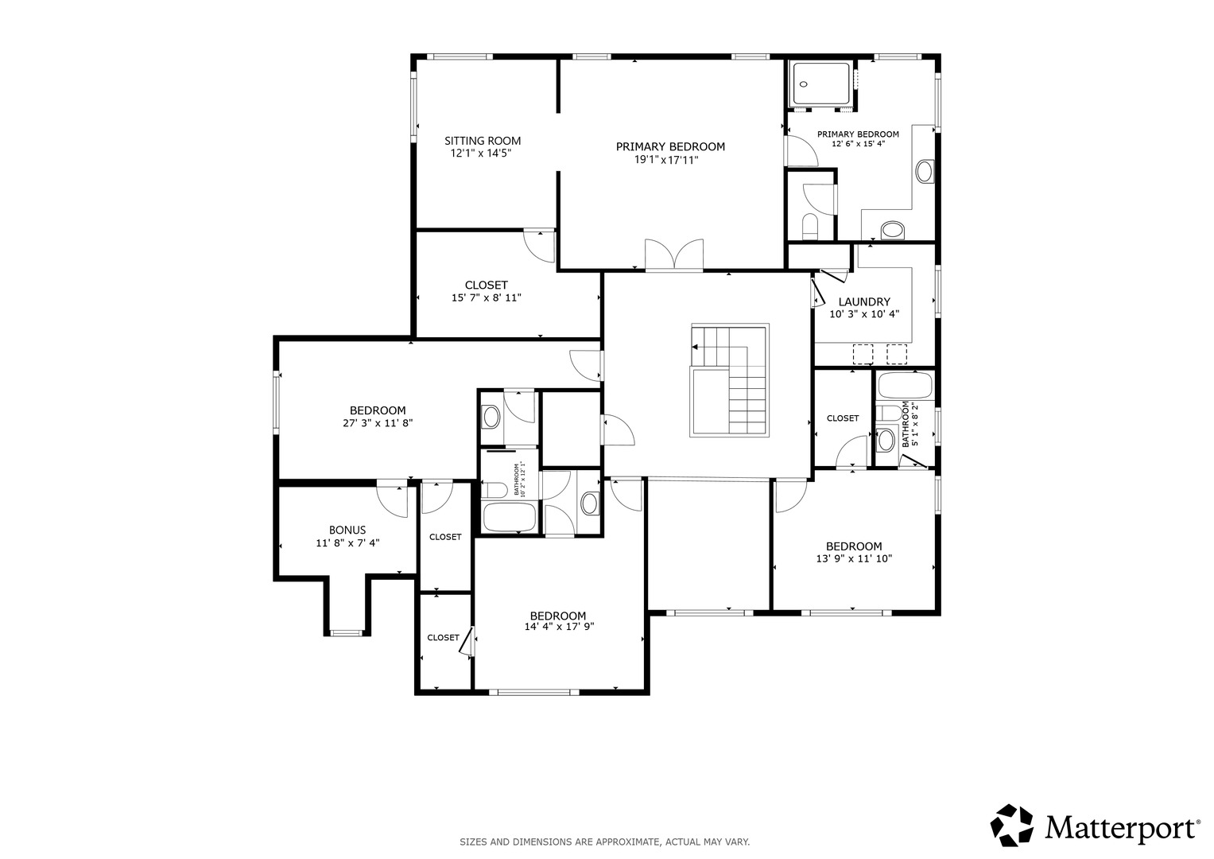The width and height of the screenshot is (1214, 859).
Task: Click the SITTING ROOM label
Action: (483, 141)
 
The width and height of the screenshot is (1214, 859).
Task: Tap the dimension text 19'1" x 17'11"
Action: (666, 160)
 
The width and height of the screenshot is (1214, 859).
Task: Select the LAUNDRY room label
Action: (864, 302)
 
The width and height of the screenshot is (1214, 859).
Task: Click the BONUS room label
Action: (347, 530)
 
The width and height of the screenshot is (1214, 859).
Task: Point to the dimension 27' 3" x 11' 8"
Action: (378, 423)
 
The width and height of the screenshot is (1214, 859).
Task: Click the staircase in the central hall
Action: (730, 380)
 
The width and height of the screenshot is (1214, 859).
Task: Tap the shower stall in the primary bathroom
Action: (821, 84)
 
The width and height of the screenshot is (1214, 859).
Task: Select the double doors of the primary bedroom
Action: (674, 255)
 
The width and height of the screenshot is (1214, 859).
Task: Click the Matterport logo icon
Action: (1012, 826)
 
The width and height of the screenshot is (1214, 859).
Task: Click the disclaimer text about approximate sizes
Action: (605, 842)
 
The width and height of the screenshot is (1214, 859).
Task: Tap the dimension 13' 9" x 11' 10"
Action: (854, 558)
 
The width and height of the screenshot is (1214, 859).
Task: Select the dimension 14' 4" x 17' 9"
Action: (560, 627)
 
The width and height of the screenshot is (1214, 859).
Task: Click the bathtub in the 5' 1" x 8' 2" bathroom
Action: (905, 386)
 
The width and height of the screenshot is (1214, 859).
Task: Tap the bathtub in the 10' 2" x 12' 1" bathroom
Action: (510, 517)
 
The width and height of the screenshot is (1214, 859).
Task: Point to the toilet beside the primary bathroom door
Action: (809, 226)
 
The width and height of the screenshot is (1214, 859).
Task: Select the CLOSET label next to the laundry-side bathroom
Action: (843, 418)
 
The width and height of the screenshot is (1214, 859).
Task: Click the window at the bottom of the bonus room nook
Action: (347, 632)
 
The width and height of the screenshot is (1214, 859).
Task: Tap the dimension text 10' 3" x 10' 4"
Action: (864, 314)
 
